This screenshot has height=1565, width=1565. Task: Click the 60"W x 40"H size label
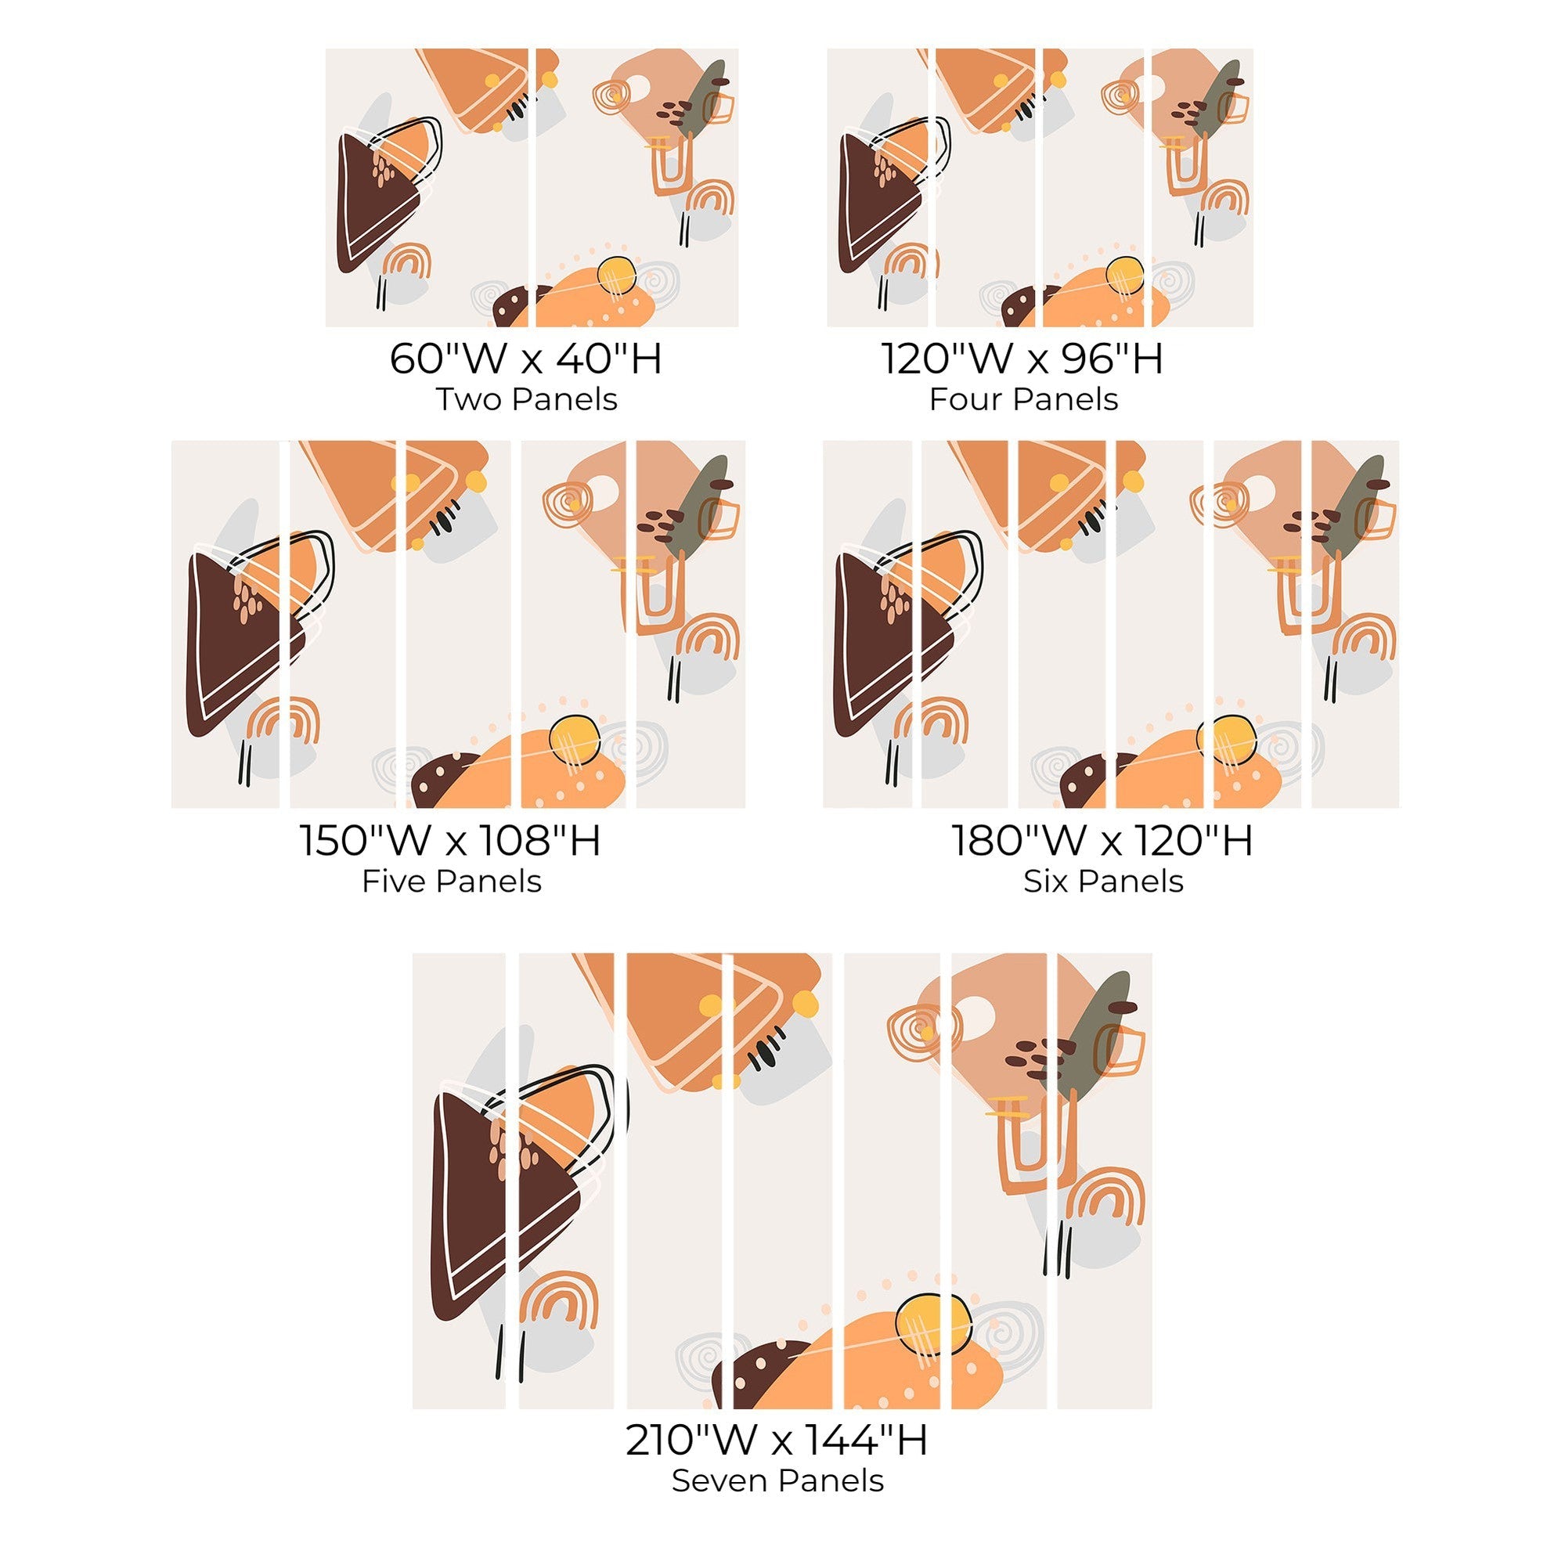(x=526, y=358)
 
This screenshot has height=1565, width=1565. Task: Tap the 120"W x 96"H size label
(x=1022, y=358)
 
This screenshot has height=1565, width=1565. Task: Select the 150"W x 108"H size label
(x=450, y=840)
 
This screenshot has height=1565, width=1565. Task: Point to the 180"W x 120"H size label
(x=1102, y=840)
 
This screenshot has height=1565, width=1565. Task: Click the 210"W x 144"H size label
(x=777, y=1440)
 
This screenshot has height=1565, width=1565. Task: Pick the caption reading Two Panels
(x=527, y=399)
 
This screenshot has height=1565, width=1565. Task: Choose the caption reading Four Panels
(x=1023, y=399)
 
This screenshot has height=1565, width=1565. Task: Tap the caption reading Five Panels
(x=451, y=882)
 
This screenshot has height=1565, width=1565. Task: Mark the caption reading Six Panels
(x=1103, y=882)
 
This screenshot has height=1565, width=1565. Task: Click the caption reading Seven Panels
(x=777, y=1480)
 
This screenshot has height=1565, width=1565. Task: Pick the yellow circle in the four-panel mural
(x=1123, y=276)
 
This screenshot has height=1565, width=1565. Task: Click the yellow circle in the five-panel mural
(x=575, y=739)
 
